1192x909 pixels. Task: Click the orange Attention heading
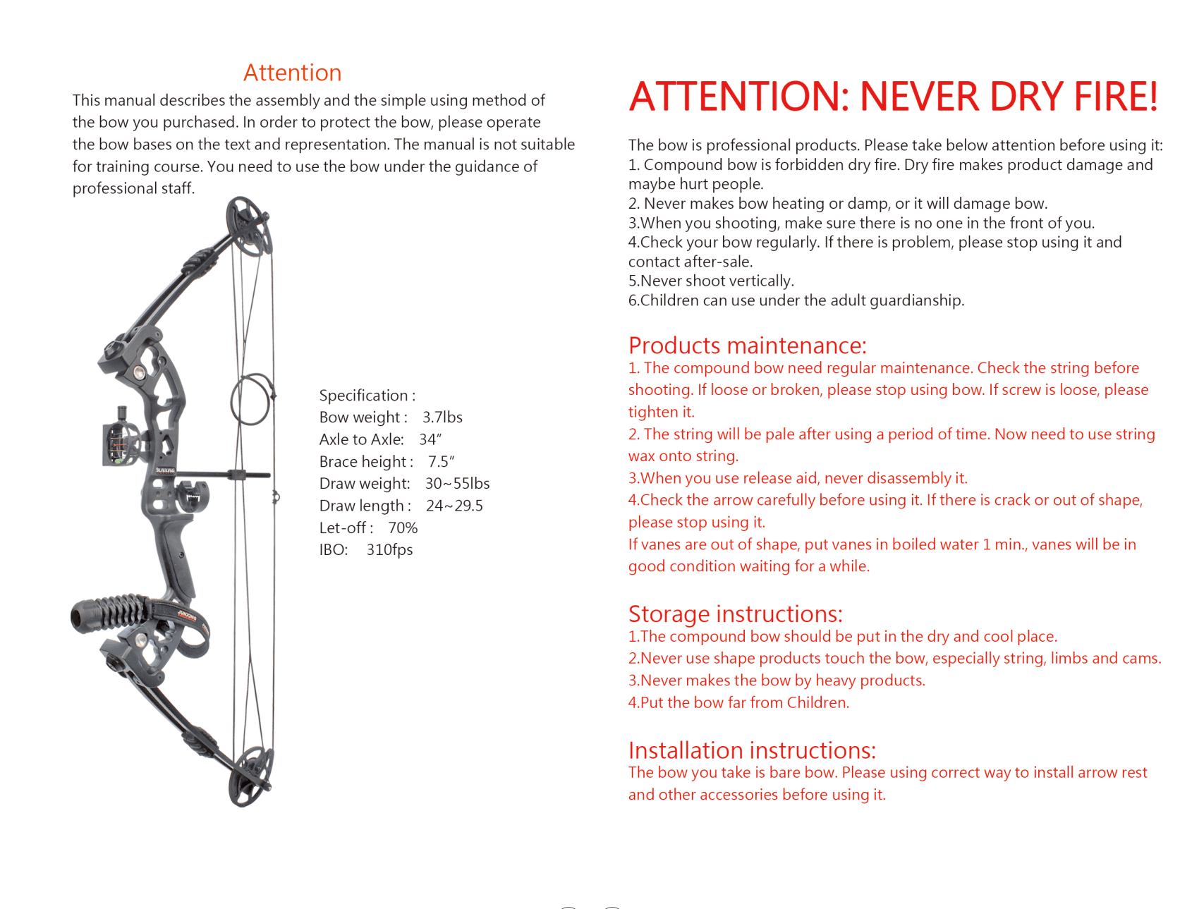[x=292, y=73]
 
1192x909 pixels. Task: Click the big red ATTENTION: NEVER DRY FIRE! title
[x=893, y=97]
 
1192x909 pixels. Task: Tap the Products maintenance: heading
[x=747, y=346]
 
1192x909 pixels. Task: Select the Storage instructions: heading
[x=735, y=614]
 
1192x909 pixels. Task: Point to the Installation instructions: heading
[x=752, y=750]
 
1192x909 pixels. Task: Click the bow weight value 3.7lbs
[x=442, y=417]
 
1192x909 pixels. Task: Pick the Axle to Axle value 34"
[x=430, y=439]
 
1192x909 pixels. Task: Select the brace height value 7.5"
[x=441, y=462]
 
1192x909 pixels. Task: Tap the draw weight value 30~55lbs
[x=457, y=484]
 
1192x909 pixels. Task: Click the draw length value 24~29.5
[x=454, y=506]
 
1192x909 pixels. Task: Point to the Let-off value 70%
[x=403, y=528]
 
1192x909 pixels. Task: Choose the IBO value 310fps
[x=389, y=550]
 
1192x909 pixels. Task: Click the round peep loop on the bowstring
[x=251, y=399]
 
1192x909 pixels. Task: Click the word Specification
[x=363, y=396]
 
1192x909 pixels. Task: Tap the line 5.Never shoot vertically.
[x=711, y=281]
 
